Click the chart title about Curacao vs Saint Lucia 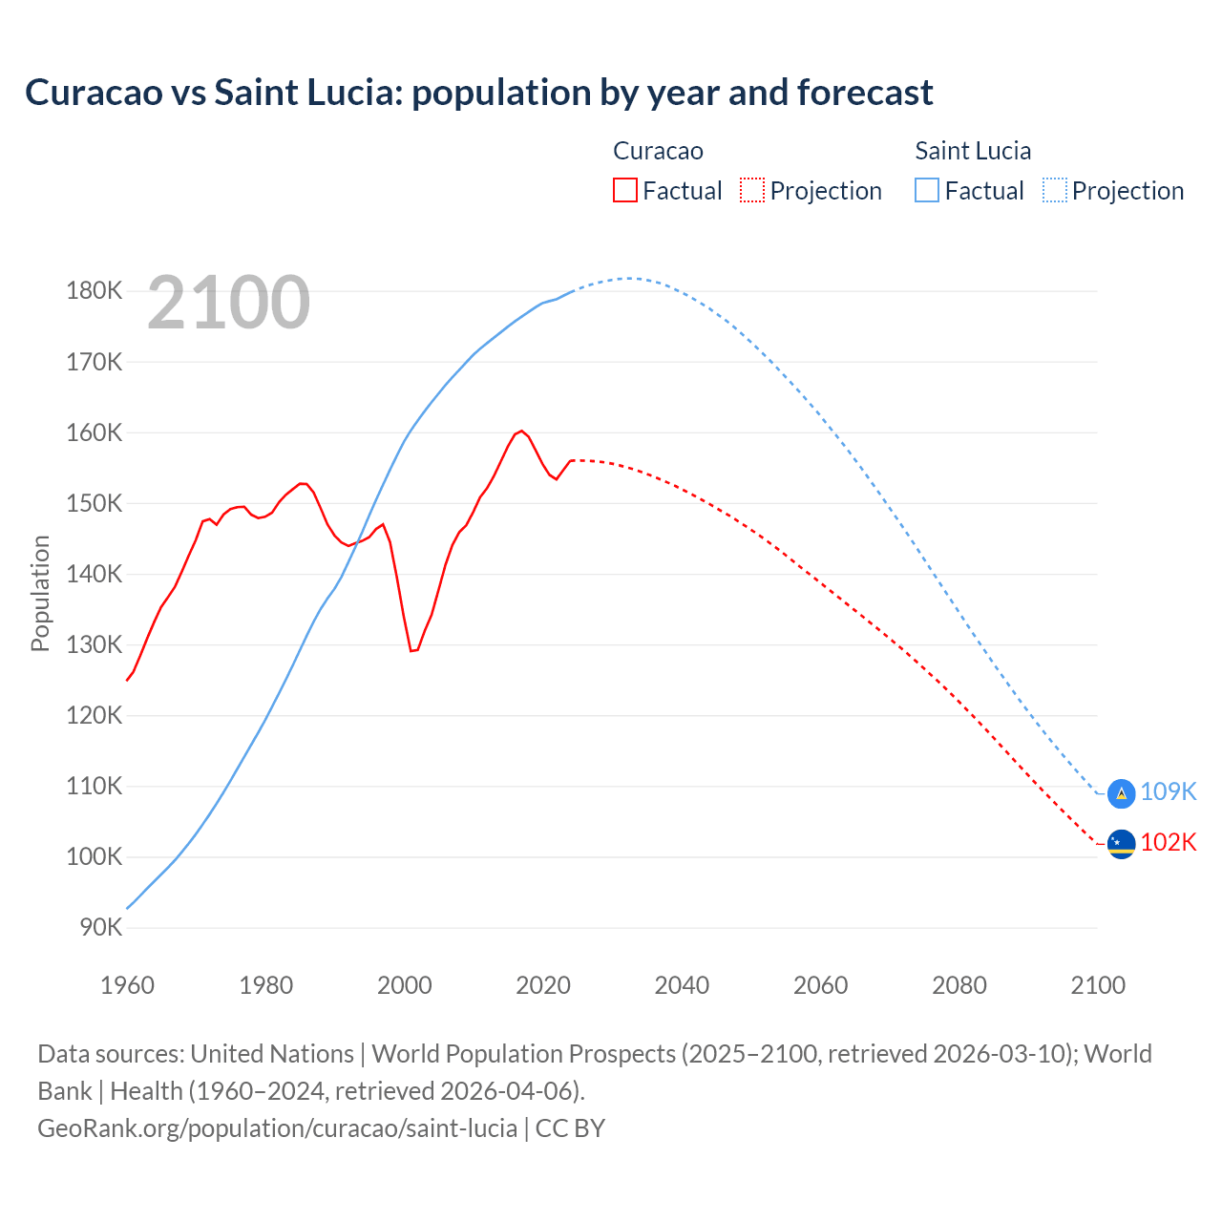[x=478, y=93]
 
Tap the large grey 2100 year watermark [x=228, y=303]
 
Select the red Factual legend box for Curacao [x=624, y=191]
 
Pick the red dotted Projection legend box [x=752, y=191]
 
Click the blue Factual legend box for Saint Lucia [x=926, y=191]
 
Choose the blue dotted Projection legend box [x=1054, y=191]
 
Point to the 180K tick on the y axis [x=95, y=291]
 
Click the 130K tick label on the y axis [x=95, y=645]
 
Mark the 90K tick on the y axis [x=100, y=928]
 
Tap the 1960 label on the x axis [x=127, y=985]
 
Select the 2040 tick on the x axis [x=682, y=985]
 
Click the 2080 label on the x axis [x=959, y=985]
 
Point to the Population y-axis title [x=40, y=593]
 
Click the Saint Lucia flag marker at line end [x=1121, y=792]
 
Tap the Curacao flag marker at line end [x=1121, y=843]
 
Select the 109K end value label [x=1169, y=792]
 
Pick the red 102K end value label [x=1169, y=843]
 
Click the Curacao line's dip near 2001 [x=412, y=650]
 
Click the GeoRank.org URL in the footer [x=277, y=1128]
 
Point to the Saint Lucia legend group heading [x=973, y=151]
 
